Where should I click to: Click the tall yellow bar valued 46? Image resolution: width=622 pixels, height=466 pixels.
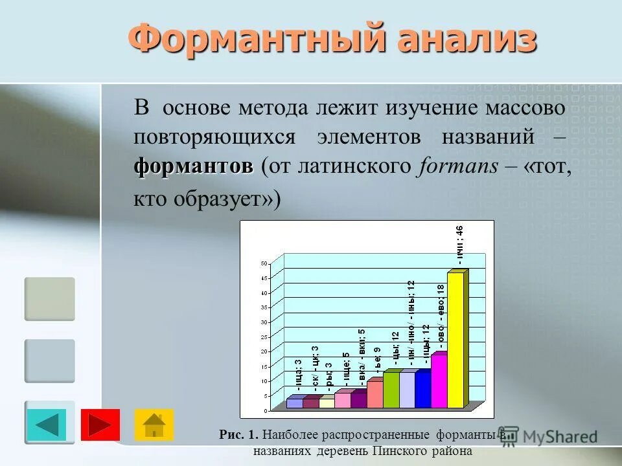pyautogui.click(x=455, y=340)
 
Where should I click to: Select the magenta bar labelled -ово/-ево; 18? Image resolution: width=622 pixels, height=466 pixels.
pyautogui.click(x=439, y=382)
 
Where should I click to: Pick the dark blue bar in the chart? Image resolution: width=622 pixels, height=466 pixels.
pyautogui.click(x=422, y=390)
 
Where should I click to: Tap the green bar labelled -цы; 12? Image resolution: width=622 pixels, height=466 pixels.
pyautogui.click(x=391, y=390)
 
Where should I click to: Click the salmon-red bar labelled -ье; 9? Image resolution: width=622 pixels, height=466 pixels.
pyautogui.click(x=374, y=394)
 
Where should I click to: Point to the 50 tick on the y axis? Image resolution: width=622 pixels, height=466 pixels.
pyautogui.click(x=264, y=263)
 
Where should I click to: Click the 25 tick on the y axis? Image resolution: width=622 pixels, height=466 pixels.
pyautogui.click(x=264, y=337)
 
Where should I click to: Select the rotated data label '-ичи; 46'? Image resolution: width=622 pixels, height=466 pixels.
pyautogui.click(x=459, y=245)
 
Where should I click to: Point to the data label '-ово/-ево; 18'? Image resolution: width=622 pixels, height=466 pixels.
pyautogui.click(x=441, y=317)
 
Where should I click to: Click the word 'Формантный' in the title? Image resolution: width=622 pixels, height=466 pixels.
pyautogui.click(x=250, y=40)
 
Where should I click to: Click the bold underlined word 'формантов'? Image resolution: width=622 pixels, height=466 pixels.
pyautogui.click(x=193, y=166)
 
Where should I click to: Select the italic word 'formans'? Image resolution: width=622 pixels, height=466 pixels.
pyautogui.click(x=458, y=166)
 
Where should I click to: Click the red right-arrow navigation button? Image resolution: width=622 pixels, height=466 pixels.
pyautogui.click(x=100, y=425)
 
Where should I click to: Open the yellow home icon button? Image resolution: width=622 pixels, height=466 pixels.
pyautogui.click(x=154, y=425)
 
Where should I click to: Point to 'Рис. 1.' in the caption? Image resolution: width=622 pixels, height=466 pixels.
pyautogui.click(x=239, y=435)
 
